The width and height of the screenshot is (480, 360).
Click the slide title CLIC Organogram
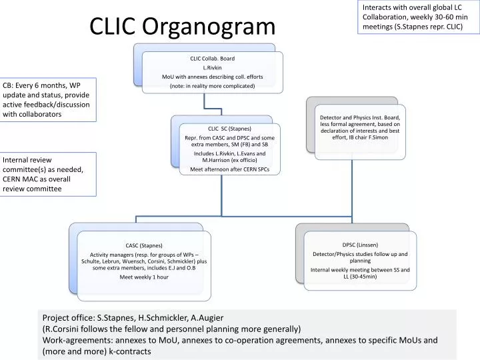tap(182, 26)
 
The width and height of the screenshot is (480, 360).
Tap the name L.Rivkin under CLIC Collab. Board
tap(212, 67)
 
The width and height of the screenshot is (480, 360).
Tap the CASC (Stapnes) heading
tap(144, 245)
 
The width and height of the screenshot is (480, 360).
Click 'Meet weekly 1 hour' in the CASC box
tap(144, 277)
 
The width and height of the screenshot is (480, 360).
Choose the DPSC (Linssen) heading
tap(360, 245)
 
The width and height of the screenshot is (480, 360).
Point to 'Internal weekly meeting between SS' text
tap(360, 269)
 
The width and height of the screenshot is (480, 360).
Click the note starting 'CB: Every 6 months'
tap(48, 100)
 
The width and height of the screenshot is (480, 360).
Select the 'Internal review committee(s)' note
tap(48, 174)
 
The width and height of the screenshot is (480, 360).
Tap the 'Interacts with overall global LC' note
tap(418, 17)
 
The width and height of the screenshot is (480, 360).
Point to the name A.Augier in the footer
tap(205, 318)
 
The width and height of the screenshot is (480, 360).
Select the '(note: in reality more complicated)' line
tap(212, 86)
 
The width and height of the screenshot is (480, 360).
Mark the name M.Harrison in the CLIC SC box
tap(204, 161)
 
